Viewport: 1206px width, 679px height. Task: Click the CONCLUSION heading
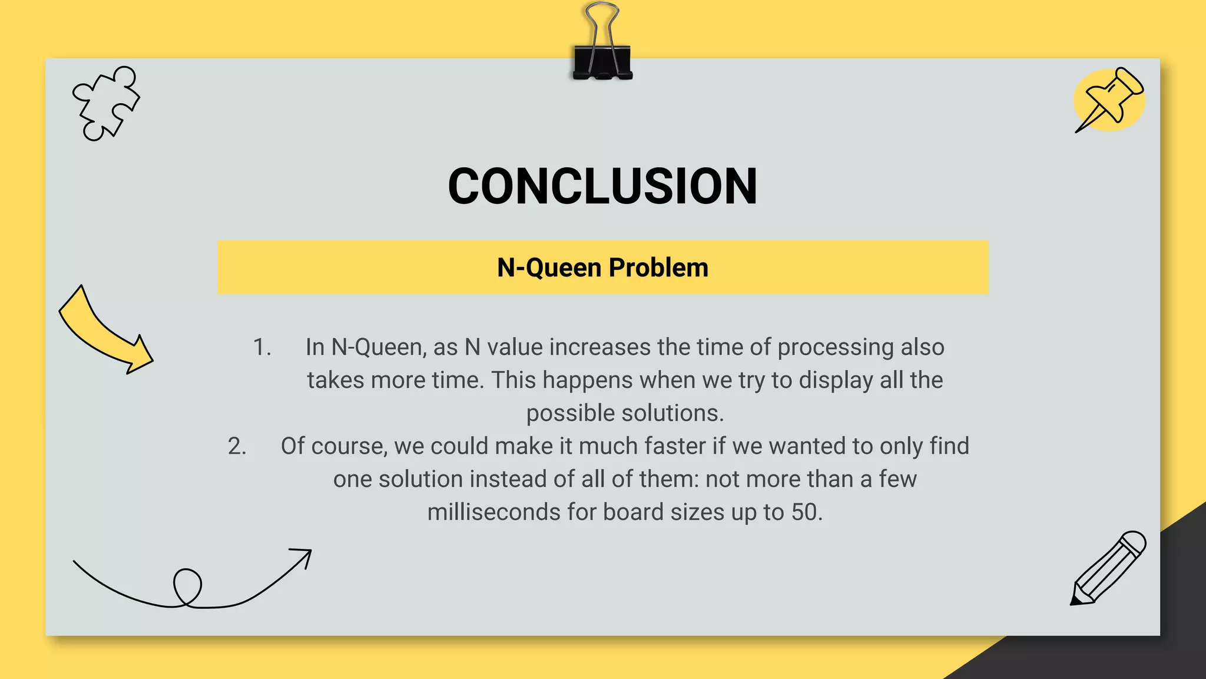pyautogui.click(x=602, y=186)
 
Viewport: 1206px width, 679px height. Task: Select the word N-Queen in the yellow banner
pyautogui.click(x=549, y=268)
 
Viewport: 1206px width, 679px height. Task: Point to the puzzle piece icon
pyautogui.click(x=105, y=104)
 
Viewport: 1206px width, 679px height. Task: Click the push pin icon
pyautogui.click(x=1108, y=100)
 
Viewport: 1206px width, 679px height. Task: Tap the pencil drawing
pyautogui.click(x=1108, y=568)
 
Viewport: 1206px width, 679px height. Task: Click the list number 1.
pyautogui.click(x=261, y=347)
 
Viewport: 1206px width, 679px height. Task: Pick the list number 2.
pyautogui.click(x=237, y=446)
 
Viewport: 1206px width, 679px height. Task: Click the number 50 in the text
pyautogui.click(x=804, y=512)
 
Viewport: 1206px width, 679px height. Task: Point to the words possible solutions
pyautogui.click(x=625, y=413)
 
